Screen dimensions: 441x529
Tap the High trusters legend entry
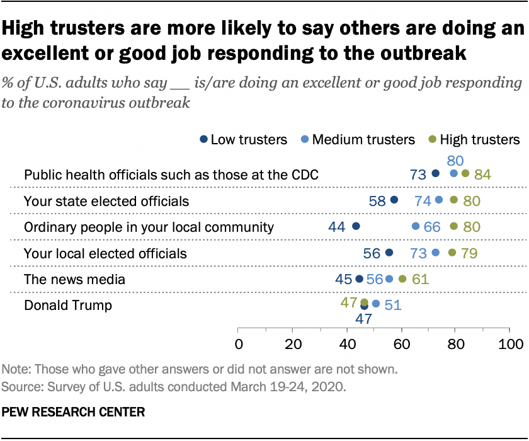[x=479, y=139]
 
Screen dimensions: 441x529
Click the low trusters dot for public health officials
[x=435, y=173]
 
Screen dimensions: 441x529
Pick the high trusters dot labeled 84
[x=465, y=173]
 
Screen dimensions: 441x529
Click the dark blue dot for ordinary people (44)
[x=356, y=226]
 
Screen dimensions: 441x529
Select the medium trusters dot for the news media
[x=389, y=278]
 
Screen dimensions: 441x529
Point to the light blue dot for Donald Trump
[x=376, y=304]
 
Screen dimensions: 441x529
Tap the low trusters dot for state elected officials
[x=395, y=200]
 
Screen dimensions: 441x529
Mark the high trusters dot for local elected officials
[x=452, y=253]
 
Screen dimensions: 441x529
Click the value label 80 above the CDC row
[x=455, y=161]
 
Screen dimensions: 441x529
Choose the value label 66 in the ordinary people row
[x=432, y=227]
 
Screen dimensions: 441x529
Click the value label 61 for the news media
[x=420, y=279]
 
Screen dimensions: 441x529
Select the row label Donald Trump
[x=67, y=306]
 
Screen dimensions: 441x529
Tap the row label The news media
[x=74, y=279]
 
